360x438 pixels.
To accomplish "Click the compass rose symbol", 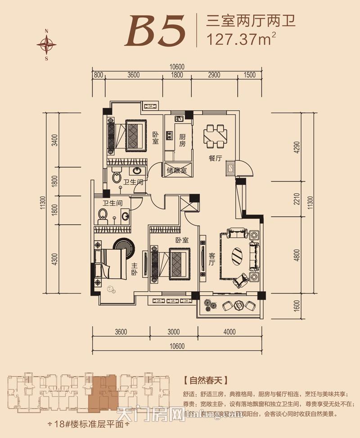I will [47, 44].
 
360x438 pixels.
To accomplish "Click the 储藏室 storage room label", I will [176, 171].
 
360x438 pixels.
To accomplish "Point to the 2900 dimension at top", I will [215, 75].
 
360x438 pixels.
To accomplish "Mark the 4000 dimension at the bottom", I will [229, 332].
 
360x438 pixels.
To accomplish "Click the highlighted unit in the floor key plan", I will [103, 390].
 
